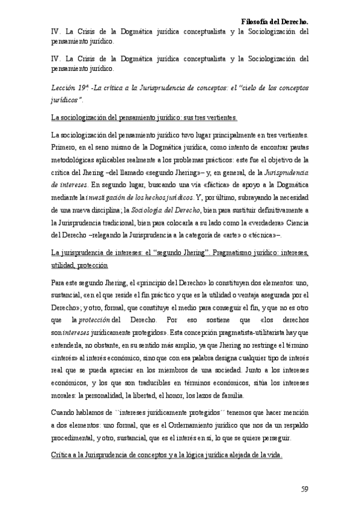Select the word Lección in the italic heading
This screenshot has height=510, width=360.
click(64, 88)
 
